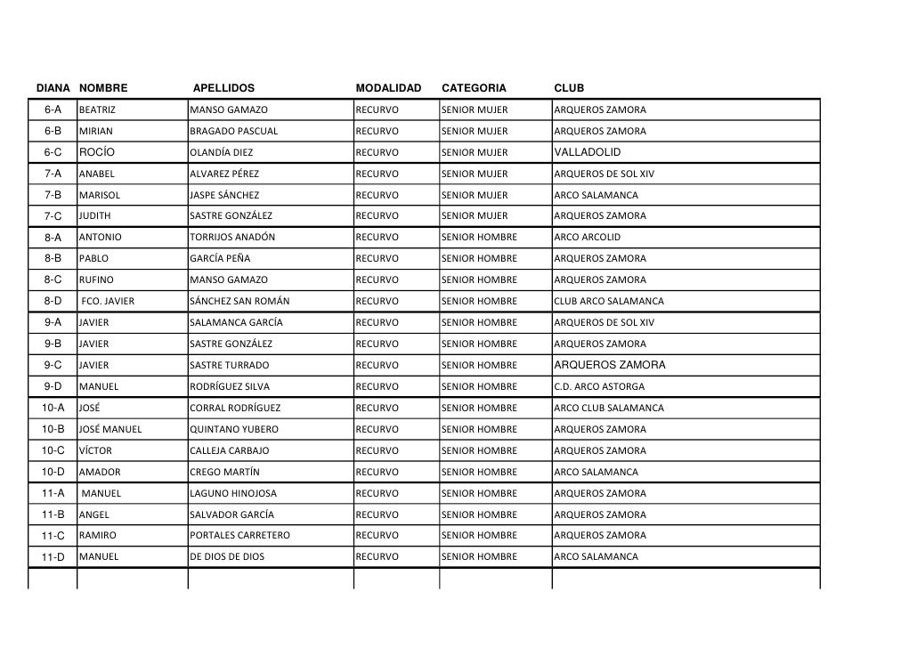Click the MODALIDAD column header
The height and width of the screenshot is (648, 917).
click(388, 88)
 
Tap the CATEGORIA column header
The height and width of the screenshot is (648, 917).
click(474, 88)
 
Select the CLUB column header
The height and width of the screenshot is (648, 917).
click(569, 88)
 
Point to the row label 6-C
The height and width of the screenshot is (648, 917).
click(53, 152)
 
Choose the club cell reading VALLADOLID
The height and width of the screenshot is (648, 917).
click(587, 152)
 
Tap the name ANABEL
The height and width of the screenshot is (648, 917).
click(96, 174)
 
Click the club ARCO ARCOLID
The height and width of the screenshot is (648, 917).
click(587, 238)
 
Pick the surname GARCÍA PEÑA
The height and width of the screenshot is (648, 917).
click(220, 259)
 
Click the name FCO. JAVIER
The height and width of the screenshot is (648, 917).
click(108, 301)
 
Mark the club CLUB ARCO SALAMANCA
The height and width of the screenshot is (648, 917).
click(608, 301)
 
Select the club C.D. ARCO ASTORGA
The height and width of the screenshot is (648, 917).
click(598, 387)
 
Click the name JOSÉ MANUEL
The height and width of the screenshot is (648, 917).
click(110, 429)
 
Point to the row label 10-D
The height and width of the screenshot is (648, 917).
click(53, 472)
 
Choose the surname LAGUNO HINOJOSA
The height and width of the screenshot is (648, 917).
click(233, 493)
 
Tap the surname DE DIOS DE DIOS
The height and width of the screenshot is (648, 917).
click(227, 557)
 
